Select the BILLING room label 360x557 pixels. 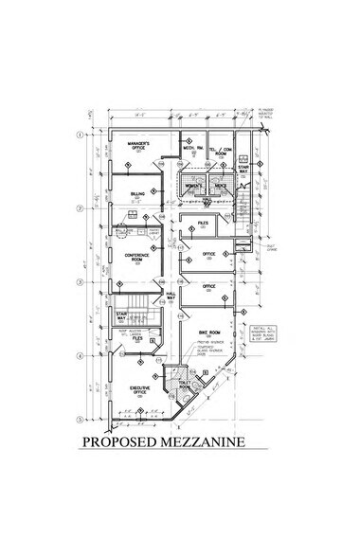point(137,193)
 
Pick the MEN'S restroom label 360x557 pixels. point(220,186)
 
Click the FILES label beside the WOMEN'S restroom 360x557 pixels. point(202,223)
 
